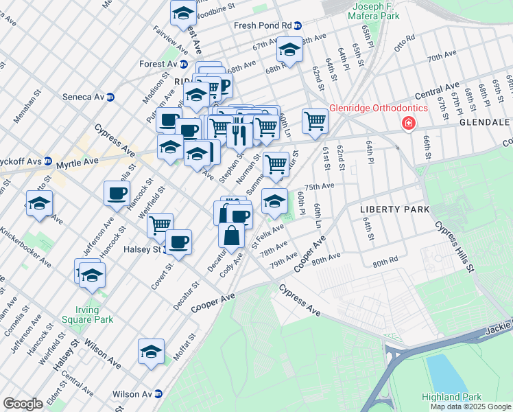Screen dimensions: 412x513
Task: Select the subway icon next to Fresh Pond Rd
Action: tap(298, 25)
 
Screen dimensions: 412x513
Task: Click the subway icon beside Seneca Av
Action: tap(110, 97)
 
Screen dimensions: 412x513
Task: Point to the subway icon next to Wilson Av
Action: tap(158, 394)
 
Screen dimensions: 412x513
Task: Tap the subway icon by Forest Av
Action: tap(183, 65)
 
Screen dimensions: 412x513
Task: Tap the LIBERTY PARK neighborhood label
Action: tap(394, 209)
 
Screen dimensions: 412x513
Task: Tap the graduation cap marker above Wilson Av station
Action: tap(151, 351)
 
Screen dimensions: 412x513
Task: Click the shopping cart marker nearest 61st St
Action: tap(315, 120)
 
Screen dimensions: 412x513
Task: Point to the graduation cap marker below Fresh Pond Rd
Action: tap(289, 50)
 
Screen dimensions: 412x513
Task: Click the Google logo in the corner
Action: tap(23, 404)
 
